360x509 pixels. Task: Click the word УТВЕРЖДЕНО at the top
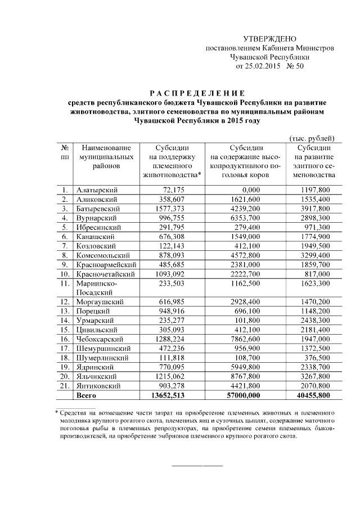(269, 39)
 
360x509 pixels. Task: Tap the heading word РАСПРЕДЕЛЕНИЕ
(197, 93)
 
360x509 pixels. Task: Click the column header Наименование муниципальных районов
(106, 157)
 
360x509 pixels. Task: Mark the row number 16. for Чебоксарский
(66, 339)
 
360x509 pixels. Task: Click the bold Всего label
(87, 395)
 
